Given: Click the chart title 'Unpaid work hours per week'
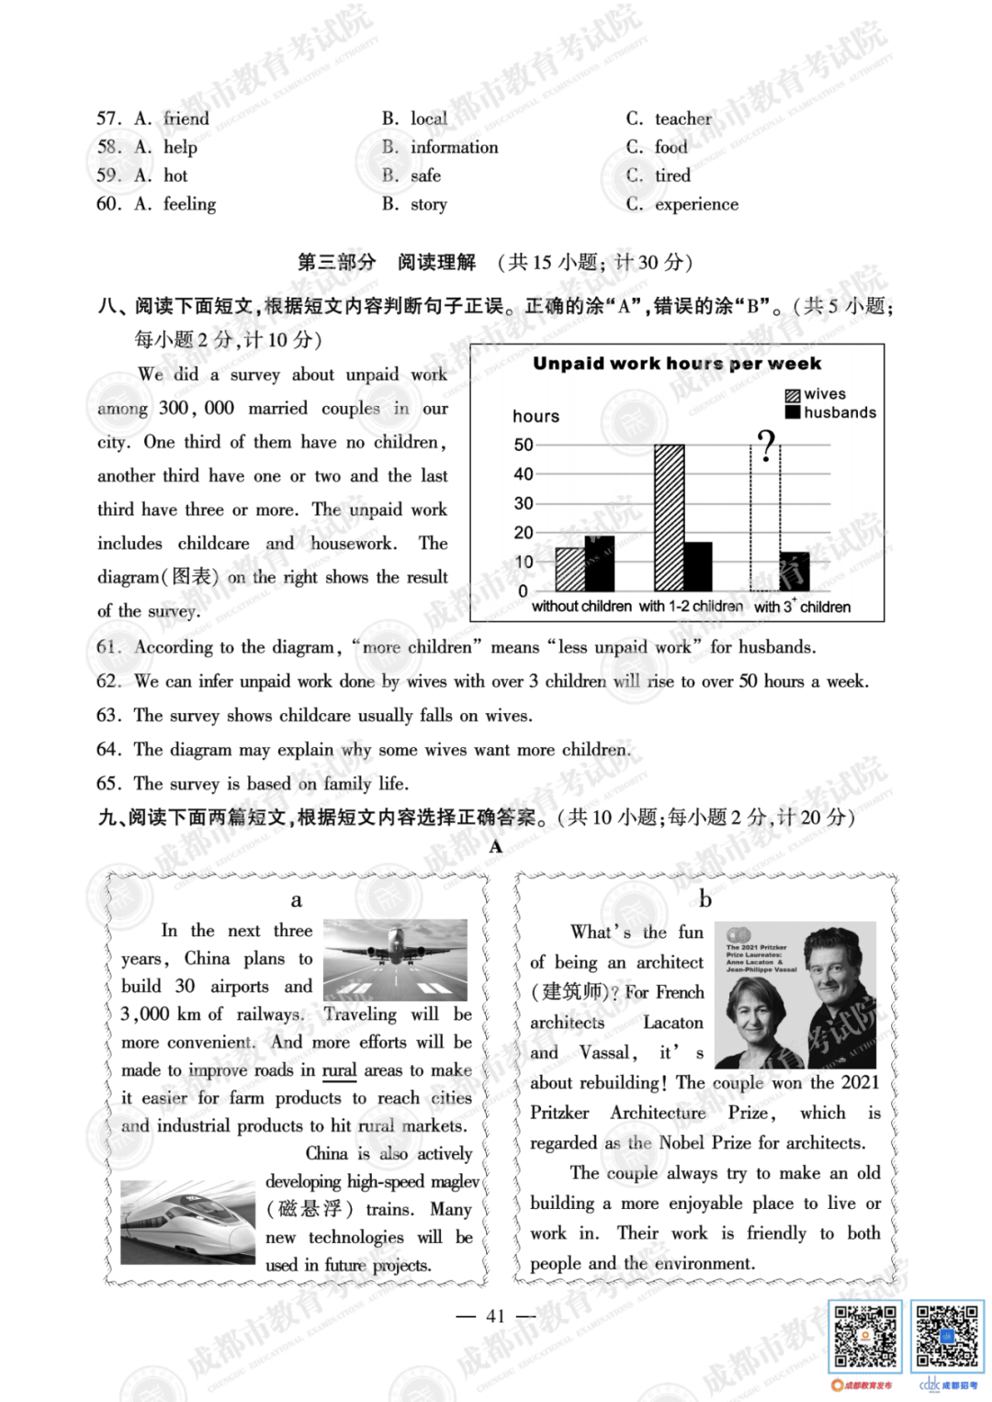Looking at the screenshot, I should [677, 364].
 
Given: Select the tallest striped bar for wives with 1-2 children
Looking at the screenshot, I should [669, 517].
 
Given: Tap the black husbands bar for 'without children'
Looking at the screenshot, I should [599, 564].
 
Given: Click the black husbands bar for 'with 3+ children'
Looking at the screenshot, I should [794, 571].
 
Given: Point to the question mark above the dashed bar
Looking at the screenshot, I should [766, 446].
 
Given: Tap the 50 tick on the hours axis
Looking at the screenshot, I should [524, 445].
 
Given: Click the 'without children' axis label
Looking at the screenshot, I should [581, 606].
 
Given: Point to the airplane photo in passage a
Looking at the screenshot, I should [395, 960].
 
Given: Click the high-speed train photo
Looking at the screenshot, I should [187, 1221].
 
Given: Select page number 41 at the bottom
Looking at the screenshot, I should [496, 1316].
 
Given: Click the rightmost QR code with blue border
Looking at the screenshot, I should [947, 1336].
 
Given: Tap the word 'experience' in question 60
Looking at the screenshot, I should [696, 204].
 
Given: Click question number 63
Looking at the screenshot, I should [108, 715].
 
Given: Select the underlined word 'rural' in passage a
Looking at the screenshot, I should [339, 1069].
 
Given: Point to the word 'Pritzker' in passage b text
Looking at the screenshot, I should [559, 1113].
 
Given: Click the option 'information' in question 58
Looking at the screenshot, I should [454, 147].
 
